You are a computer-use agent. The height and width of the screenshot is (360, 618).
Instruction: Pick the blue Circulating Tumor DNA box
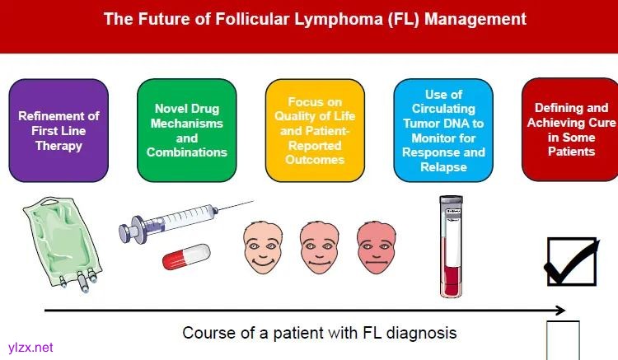click(x=443, y=130)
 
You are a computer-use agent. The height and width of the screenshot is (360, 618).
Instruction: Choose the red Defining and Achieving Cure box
click(x=571, y=129)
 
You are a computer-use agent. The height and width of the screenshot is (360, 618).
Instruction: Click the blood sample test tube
click(x=452, y=248)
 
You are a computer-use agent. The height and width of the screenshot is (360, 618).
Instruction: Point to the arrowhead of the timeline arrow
click(x=560, y=311)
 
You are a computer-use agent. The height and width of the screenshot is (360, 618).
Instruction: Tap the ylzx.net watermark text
click(x=29, y=348)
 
